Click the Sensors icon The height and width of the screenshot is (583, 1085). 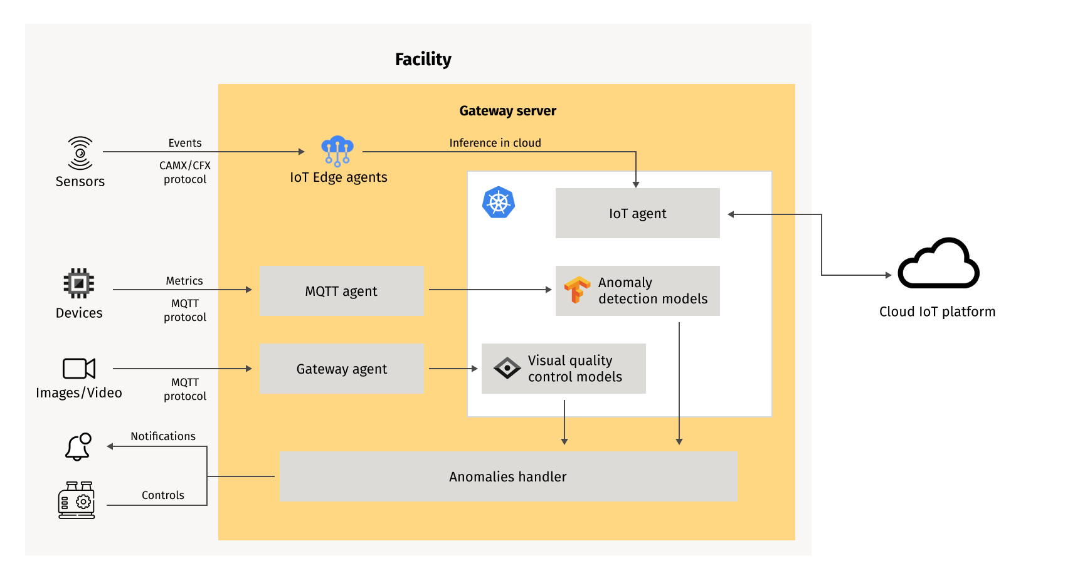click(80, 153)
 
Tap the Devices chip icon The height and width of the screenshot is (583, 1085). click(79, 283)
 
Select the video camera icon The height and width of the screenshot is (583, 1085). click(79, 369)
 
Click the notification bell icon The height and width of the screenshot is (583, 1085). click(79, 447)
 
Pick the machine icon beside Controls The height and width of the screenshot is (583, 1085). click(77, 500)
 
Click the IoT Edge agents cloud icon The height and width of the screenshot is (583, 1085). click(337, 151)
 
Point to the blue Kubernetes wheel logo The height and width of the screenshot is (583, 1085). click(499, 202)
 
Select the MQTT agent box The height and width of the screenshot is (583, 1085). click(341, 291)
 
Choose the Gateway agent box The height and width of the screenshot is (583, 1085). click(341, 369)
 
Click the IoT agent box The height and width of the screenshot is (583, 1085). click(637, 213)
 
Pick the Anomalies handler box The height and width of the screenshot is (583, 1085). click(508, 476)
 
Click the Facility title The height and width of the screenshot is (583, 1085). click(423, 59)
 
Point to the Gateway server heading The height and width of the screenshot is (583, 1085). click(507, 111)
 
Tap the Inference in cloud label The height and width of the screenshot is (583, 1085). click(495, 143)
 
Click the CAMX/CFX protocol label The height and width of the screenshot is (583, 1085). click(185, 172)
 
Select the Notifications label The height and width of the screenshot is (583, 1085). click(163, 436)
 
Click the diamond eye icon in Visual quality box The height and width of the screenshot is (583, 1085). click(507, 368)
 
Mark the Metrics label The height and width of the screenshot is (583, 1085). click(184, 281)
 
